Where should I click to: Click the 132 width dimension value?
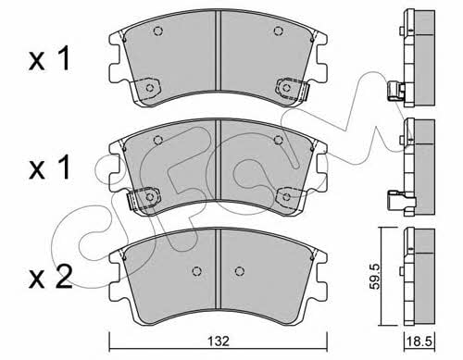coord(219,341)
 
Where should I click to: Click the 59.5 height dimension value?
coord(375,276)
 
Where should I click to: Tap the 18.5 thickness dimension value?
coord(419,341)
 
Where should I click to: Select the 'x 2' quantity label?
coord(50,277)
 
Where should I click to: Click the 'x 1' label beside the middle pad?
coord(49,168)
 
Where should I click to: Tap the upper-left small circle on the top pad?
coord(158,31)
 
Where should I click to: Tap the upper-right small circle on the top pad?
coord(279,31)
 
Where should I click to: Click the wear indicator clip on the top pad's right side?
coord(293,89)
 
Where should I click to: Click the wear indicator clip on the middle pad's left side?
coord(144,198)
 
